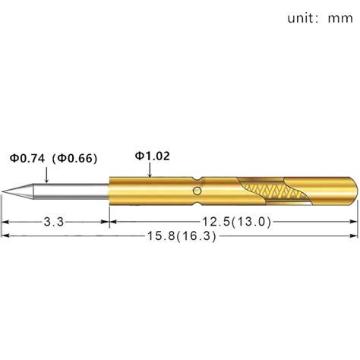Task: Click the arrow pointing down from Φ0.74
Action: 47,176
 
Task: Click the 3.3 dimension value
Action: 53,221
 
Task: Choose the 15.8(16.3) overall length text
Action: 181,236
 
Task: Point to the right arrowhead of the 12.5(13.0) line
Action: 352,221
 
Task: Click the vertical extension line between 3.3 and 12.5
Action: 110,216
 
